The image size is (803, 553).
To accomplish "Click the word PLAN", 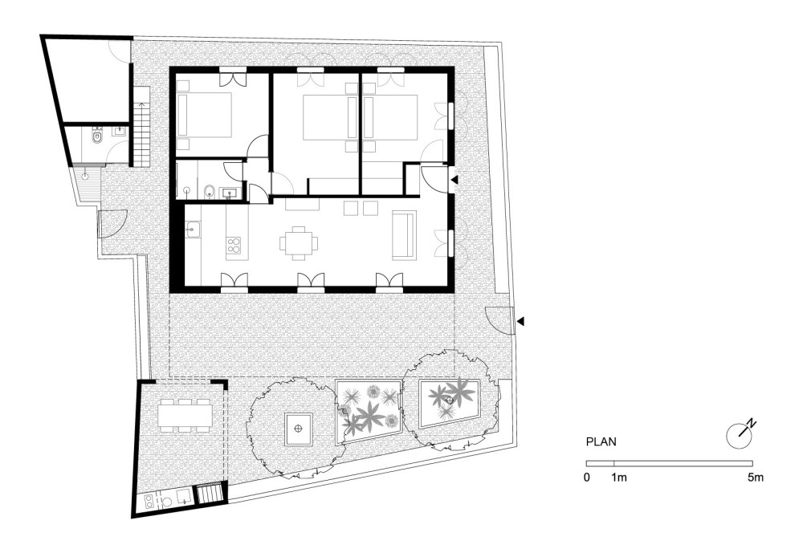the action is pos(601,442).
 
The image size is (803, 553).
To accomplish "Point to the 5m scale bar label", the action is pos(756,478).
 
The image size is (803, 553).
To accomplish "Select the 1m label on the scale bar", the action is pos(618,478).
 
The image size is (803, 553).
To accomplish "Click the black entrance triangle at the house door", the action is pos(454,179).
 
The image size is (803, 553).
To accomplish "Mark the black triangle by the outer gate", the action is pos(520,322).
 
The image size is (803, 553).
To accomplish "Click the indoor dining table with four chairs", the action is pos(299,242).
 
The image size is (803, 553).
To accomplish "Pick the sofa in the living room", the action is pos(404,234).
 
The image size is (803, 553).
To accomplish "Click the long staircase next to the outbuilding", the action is pos(141,127).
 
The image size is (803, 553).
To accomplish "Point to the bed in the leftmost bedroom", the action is pos(204,115).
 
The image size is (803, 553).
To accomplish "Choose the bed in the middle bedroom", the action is pos(330,117).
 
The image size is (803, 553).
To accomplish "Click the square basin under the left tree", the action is pos(298,428).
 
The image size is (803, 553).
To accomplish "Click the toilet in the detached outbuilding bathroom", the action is pos(96,136).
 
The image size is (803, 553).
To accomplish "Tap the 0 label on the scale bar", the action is pos(586,478).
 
